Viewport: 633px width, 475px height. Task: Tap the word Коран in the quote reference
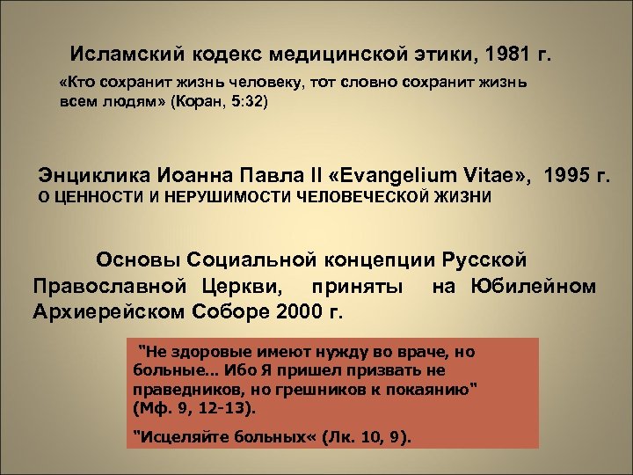(204, 103)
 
